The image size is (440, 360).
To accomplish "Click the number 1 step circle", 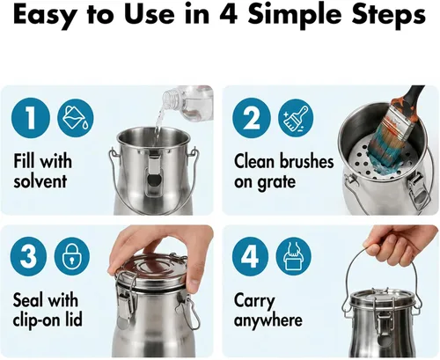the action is coord(31,118).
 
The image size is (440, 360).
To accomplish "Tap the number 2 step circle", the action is coord(252,118).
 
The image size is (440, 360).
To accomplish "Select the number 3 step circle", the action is coord(28,256).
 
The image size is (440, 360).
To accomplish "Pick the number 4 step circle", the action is coord(250,256).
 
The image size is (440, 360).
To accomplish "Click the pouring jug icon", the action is coord(76,118).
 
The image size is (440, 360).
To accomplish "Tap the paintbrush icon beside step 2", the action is coord(296,118).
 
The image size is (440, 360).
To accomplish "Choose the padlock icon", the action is coord(72,256).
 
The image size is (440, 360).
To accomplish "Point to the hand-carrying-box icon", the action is coord(293,256).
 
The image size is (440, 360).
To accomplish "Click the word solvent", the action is coord(40,181).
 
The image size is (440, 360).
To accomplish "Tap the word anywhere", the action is coord(268,320).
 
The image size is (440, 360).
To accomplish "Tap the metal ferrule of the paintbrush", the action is coord(400,127).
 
